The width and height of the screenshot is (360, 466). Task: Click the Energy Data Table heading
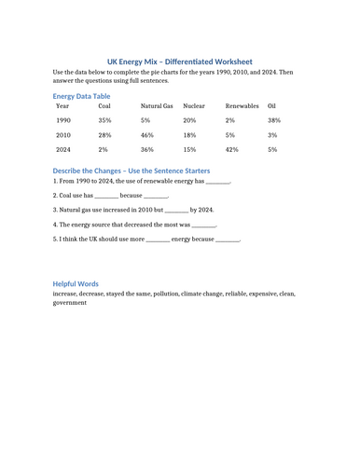[x=81, y=96]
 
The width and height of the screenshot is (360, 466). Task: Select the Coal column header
[x=104, y=106]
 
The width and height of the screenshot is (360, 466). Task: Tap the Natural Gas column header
[x=157, y=106]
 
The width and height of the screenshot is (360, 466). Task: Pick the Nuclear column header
[x=194, y=106]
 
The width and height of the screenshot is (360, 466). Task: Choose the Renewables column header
[x=242, y=106]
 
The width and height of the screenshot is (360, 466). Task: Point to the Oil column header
[x=272, y=106]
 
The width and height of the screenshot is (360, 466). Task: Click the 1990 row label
[x=63, y=121]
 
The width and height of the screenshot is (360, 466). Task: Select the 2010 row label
[x=63, y=135]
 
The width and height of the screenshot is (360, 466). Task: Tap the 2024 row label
[x=63, y=149]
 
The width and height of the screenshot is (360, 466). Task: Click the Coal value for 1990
[x=104, y=121]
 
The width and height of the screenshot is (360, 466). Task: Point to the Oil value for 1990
[x=274, y=121]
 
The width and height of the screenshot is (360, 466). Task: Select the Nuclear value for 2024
[x=189, y=149]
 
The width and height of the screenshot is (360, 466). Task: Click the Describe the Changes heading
[x=131, y=171]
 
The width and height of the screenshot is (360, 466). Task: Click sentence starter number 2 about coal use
[x=110, y=197]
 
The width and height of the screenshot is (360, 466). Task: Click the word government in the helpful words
[x=70, y=303]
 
